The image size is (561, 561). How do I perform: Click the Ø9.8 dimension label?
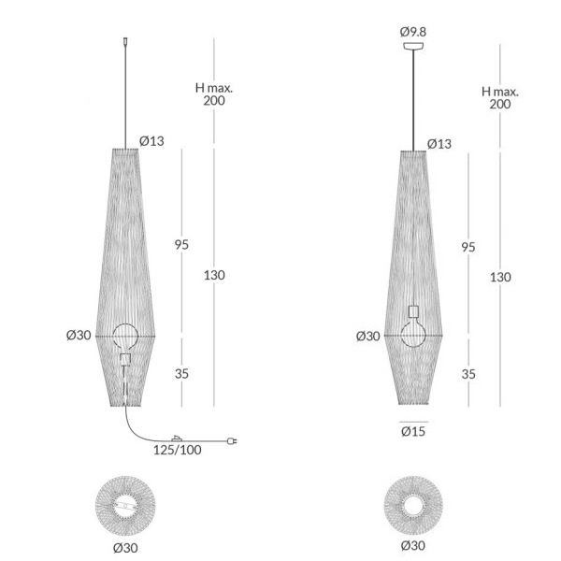413,32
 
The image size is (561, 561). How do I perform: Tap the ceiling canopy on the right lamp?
413,46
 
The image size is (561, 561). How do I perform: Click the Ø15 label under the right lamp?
413,431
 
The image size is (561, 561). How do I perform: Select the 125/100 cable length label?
177,450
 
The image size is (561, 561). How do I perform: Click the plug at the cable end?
232,440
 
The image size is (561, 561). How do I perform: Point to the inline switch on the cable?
177,439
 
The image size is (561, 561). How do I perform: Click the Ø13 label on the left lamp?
151,141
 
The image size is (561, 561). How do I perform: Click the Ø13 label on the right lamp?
439,144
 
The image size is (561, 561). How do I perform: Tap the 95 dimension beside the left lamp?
181,245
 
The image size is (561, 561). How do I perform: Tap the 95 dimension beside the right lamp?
468,247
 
